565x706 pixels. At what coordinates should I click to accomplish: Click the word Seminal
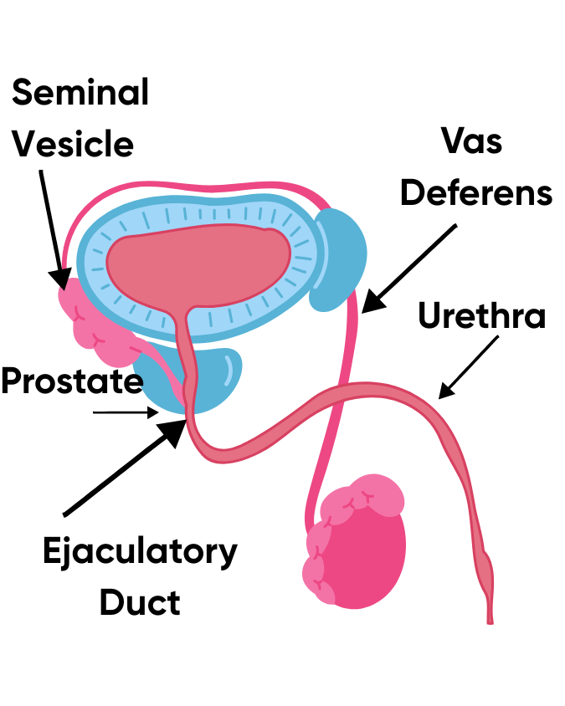coord(80,93)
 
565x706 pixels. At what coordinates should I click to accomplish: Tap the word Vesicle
coord(74,144)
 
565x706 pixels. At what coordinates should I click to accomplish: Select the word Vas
coord(473,141)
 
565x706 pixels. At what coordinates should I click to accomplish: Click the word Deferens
coord(476,192)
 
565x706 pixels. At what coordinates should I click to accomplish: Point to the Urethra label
coord(481,317)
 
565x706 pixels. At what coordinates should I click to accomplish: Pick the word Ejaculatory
coord(140,552)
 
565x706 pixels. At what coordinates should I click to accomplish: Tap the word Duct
coord(139,602)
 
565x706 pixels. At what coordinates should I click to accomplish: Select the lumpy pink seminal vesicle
coord(96,322)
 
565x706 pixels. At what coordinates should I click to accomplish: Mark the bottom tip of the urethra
coord(491,619)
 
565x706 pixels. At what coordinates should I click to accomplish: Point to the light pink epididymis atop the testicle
coord(368,498)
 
